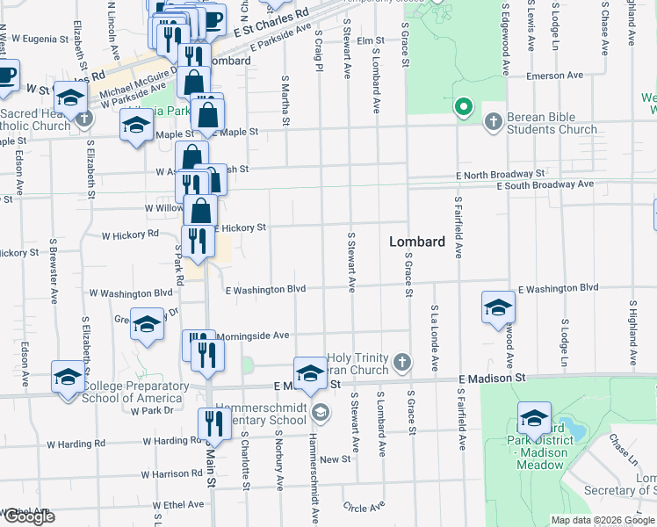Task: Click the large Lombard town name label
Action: point(417,241)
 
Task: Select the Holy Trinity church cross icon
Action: point(402,360)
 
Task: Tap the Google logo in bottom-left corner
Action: point(28,516)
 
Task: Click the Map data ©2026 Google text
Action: point(602,520)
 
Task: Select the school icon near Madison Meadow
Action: point(533,418)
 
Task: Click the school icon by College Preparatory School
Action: point(68,376)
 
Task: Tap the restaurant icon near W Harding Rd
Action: point(214,423)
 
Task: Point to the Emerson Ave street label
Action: point(555,76)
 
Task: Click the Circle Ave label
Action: point(365,507)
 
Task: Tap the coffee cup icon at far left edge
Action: point(5,76)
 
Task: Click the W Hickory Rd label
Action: point(129,235)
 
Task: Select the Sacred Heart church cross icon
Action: point(84,117)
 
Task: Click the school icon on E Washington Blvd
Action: point(497,307)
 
